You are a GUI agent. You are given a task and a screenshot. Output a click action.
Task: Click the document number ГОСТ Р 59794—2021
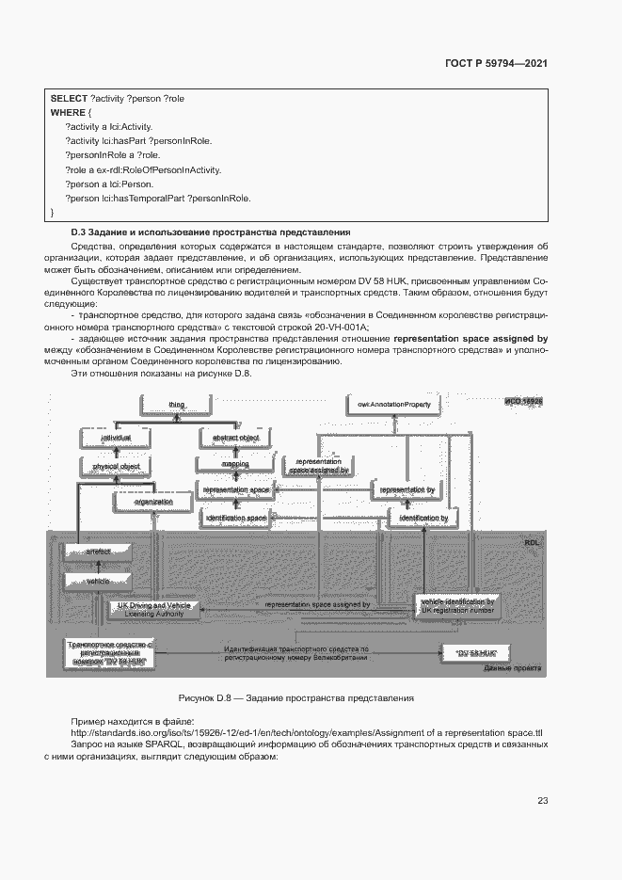(496, 64)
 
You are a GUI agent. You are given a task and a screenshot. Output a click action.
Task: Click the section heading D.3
(212, 232)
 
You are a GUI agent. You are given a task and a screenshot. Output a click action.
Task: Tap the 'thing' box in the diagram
(177, 405)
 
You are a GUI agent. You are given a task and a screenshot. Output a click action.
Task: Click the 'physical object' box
(116, 466)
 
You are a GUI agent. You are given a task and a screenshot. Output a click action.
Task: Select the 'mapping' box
(234, 464)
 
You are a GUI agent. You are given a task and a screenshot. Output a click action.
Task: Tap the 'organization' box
(152, 502)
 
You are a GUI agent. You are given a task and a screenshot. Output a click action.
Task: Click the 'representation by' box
(407, 490)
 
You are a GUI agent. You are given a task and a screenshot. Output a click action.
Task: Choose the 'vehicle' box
(98, 582)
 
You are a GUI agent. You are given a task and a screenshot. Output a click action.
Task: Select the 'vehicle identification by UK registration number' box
(457, 605)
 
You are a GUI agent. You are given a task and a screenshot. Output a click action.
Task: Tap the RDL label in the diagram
(533, 545)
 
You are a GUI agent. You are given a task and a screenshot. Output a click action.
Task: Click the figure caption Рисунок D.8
(296, 698)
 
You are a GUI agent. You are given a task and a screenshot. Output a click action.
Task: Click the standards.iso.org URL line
(308, 732)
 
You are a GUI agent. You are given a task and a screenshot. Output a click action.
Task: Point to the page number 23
(542, 801)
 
